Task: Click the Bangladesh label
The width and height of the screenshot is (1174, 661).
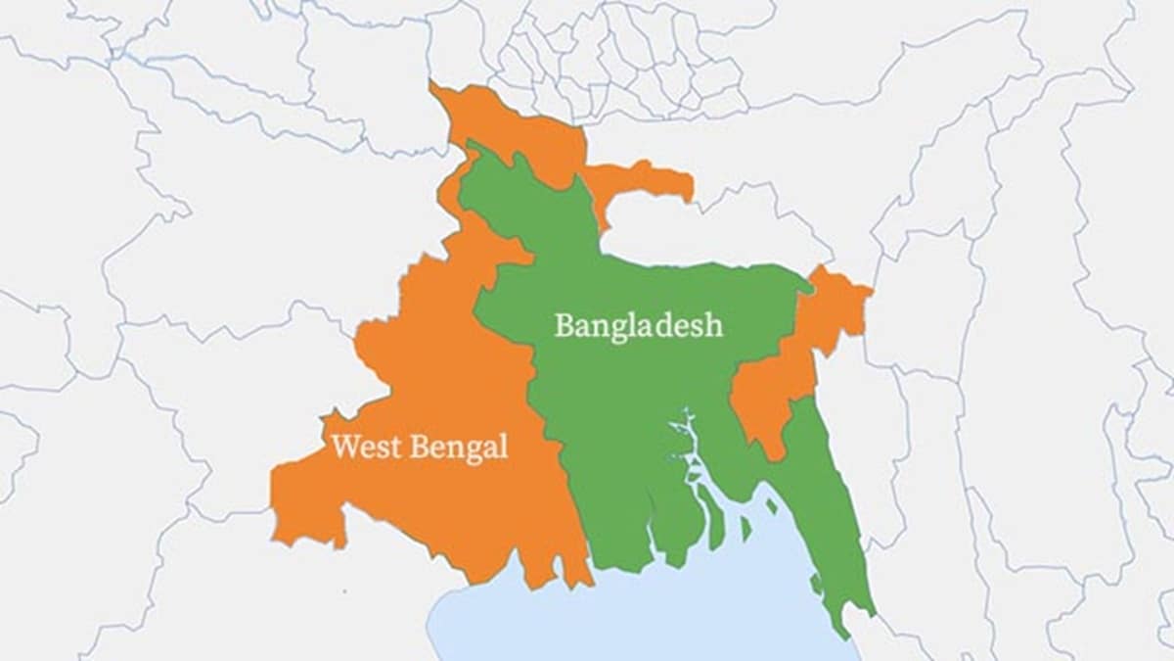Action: tap(638, 325)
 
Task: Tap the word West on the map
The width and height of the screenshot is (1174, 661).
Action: tap(364, 448)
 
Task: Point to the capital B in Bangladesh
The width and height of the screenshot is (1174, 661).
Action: tap(564, 325)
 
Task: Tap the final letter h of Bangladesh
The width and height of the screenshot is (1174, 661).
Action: tap(715, 325)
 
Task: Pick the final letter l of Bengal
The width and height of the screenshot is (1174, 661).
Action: tap(504, 448)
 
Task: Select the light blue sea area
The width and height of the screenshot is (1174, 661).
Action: tap(626, 617)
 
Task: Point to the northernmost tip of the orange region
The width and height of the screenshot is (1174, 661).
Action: tap(434, 89)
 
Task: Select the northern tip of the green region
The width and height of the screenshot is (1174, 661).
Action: tap(474, 147)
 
